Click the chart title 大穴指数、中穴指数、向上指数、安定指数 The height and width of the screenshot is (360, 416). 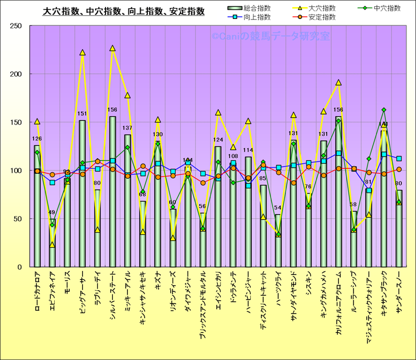tap(123, 11)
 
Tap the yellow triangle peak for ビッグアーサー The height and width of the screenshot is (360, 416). tap(82, 53)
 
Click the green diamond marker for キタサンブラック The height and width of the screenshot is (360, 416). tap(384, 110)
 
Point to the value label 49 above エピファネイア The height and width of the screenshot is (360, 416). tap(52, 213)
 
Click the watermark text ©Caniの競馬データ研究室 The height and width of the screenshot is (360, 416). tap(270, 36)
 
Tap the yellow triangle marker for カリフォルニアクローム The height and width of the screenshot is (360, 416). tap(338, 83)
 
